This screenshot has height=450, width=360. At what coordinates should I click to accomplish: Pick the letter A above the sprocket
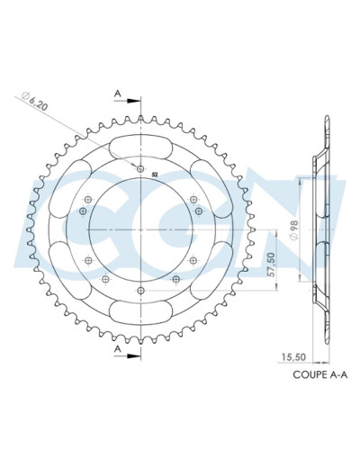(117, 92)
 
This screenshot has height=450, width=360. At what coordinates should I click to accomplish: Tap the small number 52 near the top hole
(154, 174)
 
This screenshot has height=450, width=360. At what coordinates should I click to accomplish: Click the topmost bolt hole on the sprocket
(141, 167)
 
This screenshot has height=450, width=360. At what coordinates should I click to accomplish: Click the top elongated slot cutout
(141, 145)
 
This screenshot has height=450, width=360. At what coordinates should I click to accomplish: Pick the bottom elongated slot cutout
(141, 312)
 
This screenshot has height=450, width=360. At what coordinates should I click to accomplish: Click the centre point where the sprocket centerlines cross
(141, 229)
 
